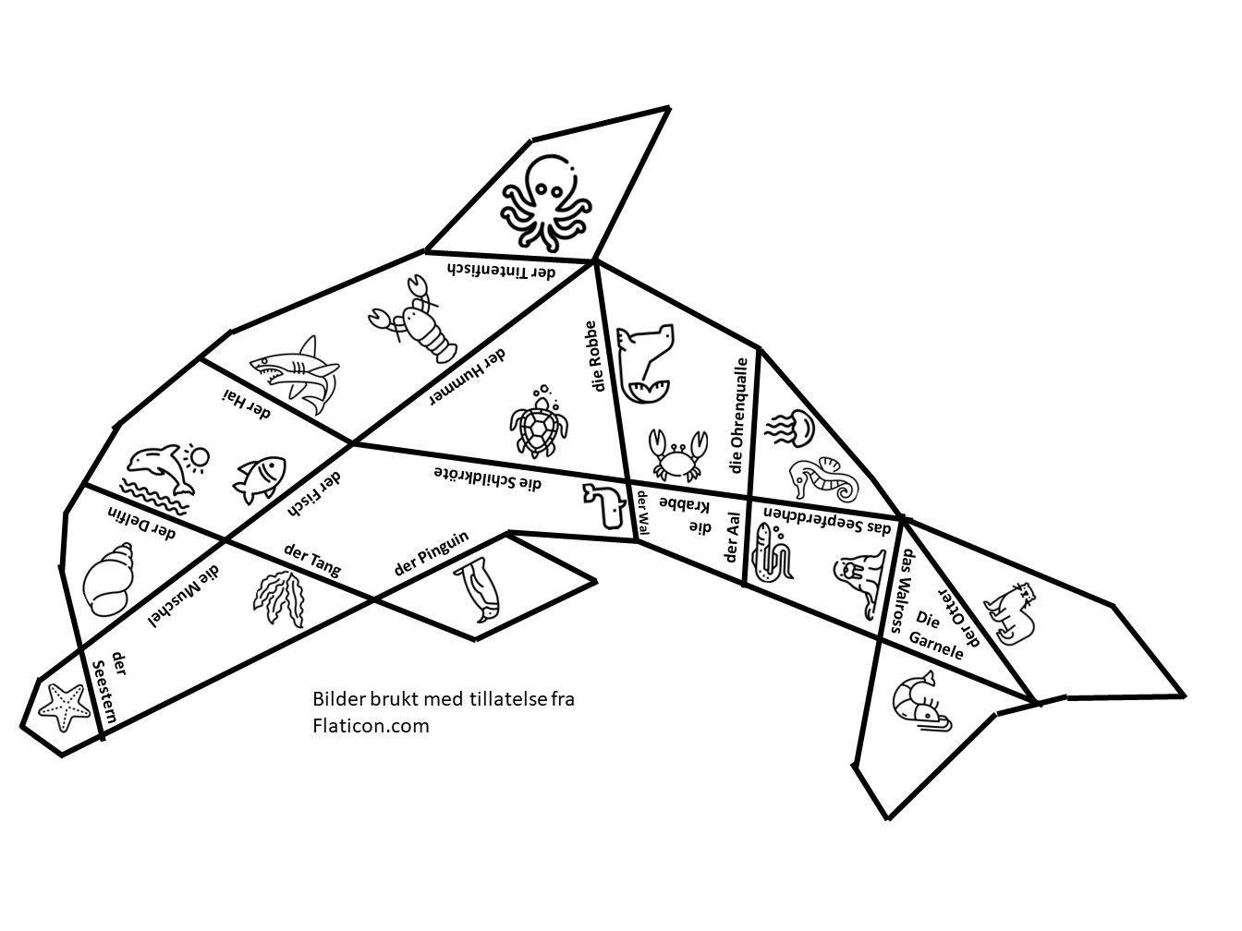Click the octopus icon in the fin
[x=545, y=202]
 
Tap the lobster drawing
[x=413, y=320]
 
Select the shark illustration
[x=295, y=374]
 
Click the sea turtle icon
[x=539, y=423]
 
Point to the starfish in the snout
[x=64, y=707]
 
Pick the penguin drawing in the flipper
[x=477, y=589]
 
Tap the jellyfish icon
[x=790, y=429]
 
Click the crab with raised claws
[x=677, y=454]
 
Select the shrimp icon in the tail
[x=921, y=702]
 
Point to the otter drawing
[x=1010, y=613]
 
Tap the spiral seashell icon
[x=109, y=579]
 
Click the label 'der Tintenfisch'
[x=501, y=271]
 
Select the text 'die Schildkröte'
[x=488, y=478]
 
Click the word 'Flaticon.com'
[x=371, y=726]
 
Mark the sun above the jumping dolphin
[x=198, y=457]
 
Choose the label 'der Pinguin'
[x=432, y=553]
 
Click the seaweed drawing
[x=278, y=598]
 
